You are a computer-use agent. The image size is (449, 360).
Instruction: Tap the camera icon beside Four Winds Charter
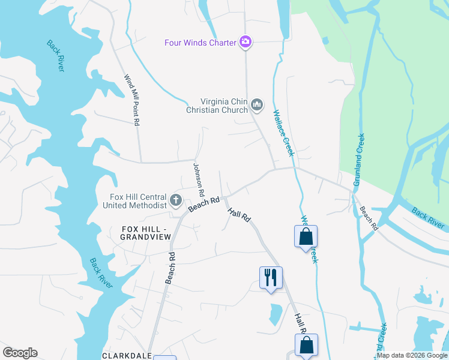pyautogui.click(x=245, y=42)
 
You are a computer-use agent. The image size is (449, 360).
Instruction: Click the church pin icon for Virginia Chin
pyautogui.click(x=257, y=105)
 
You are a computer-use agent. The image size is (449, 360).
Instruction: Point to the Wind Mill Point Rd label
pyautogui.click(x=131, y=100)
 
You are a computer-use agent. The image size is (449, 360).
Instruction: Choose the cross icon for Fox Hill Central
pyautogui.click(x=176, y=200)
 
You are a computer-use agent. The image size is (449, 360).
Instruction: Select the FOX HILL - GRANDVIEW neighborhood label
pyautogui.click(x=146, y=233)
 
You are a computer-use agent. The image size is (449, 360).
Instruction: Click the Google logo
pyautogui.click(x=20, y=353)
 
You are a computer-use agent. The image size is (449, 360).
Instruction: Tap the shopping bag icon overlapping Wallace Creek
pyautogui.click(x=306, y=236)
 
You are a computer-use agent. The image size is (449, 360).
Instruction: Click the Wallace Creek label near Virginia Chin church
pyautogui.click(x=284, y=133)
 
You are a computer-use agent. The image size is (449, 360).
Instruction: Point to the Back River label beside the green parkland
pyautogui.click(x=429, y=217)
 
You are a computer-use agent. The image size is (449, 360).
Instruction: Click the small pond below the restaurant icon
pyautogui.click(x=276, y=313)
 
